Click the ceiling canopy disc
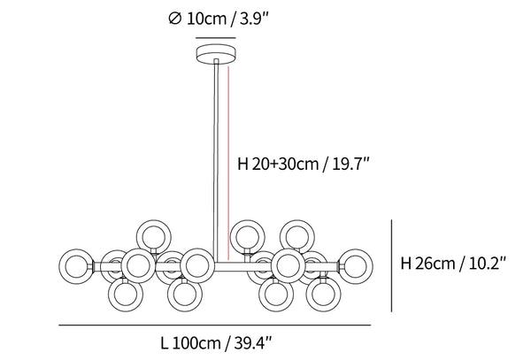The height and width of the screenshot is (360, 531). point(216,54)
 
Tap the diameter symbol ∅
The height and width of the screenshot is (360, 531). point(175,19)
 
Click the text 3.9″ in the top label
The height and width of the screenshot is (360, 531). point(254,19)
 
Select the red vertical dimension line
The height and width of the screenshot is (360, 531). point(229,163)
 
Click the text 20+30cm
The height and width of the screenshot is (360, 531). point(285,165)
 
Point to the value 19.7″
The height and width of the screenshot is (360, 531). point(350,165)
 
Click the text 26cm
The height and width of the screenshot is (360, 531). point(435,264)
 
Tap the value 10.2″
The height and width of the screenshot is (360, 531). point(488,264)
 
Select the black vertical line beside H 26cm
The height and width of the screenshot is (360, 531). point(392,265)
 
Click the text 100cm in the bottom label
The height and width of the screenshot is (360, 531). point(196,344)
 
